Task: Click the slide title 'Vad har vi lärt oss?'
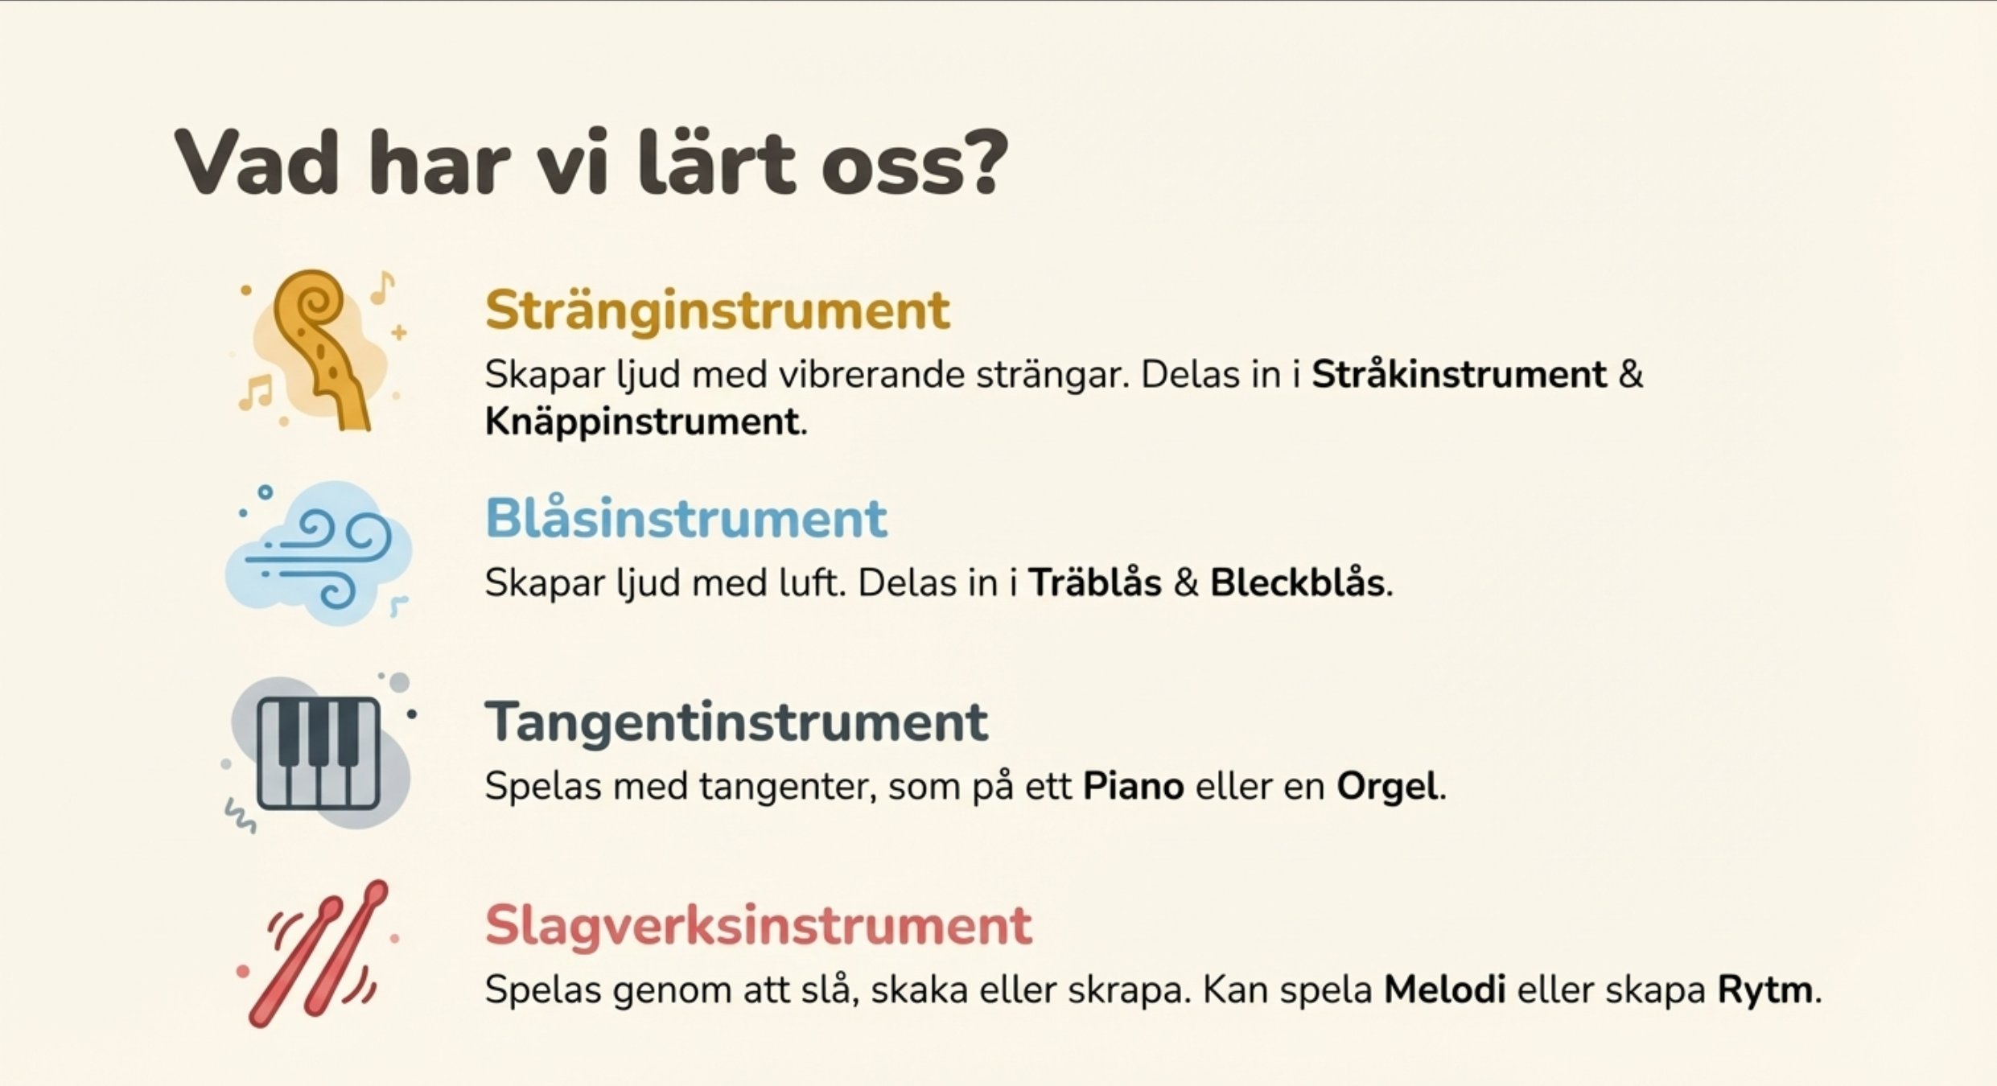tap(591, 162)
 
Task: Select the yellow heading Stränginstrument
tap(718, 311)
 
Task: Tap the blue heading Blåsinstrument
tap(686, 518)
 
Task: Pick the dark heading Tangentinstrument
tap(736, 722)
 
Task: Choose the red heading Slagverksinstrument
tap(759, 925)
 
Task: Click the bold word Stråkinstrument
tap(1459, 375)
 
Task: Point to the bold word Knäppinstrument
tap(641, 422)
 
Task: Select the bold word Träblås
tap(1095, 582)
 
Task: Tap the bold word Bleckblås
tap(1297, 582)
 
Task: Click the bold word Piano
tap(1133, 786)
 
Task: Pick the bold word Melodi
tap(1444, 989)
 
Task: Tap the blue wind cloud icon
tap(319, 553)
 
